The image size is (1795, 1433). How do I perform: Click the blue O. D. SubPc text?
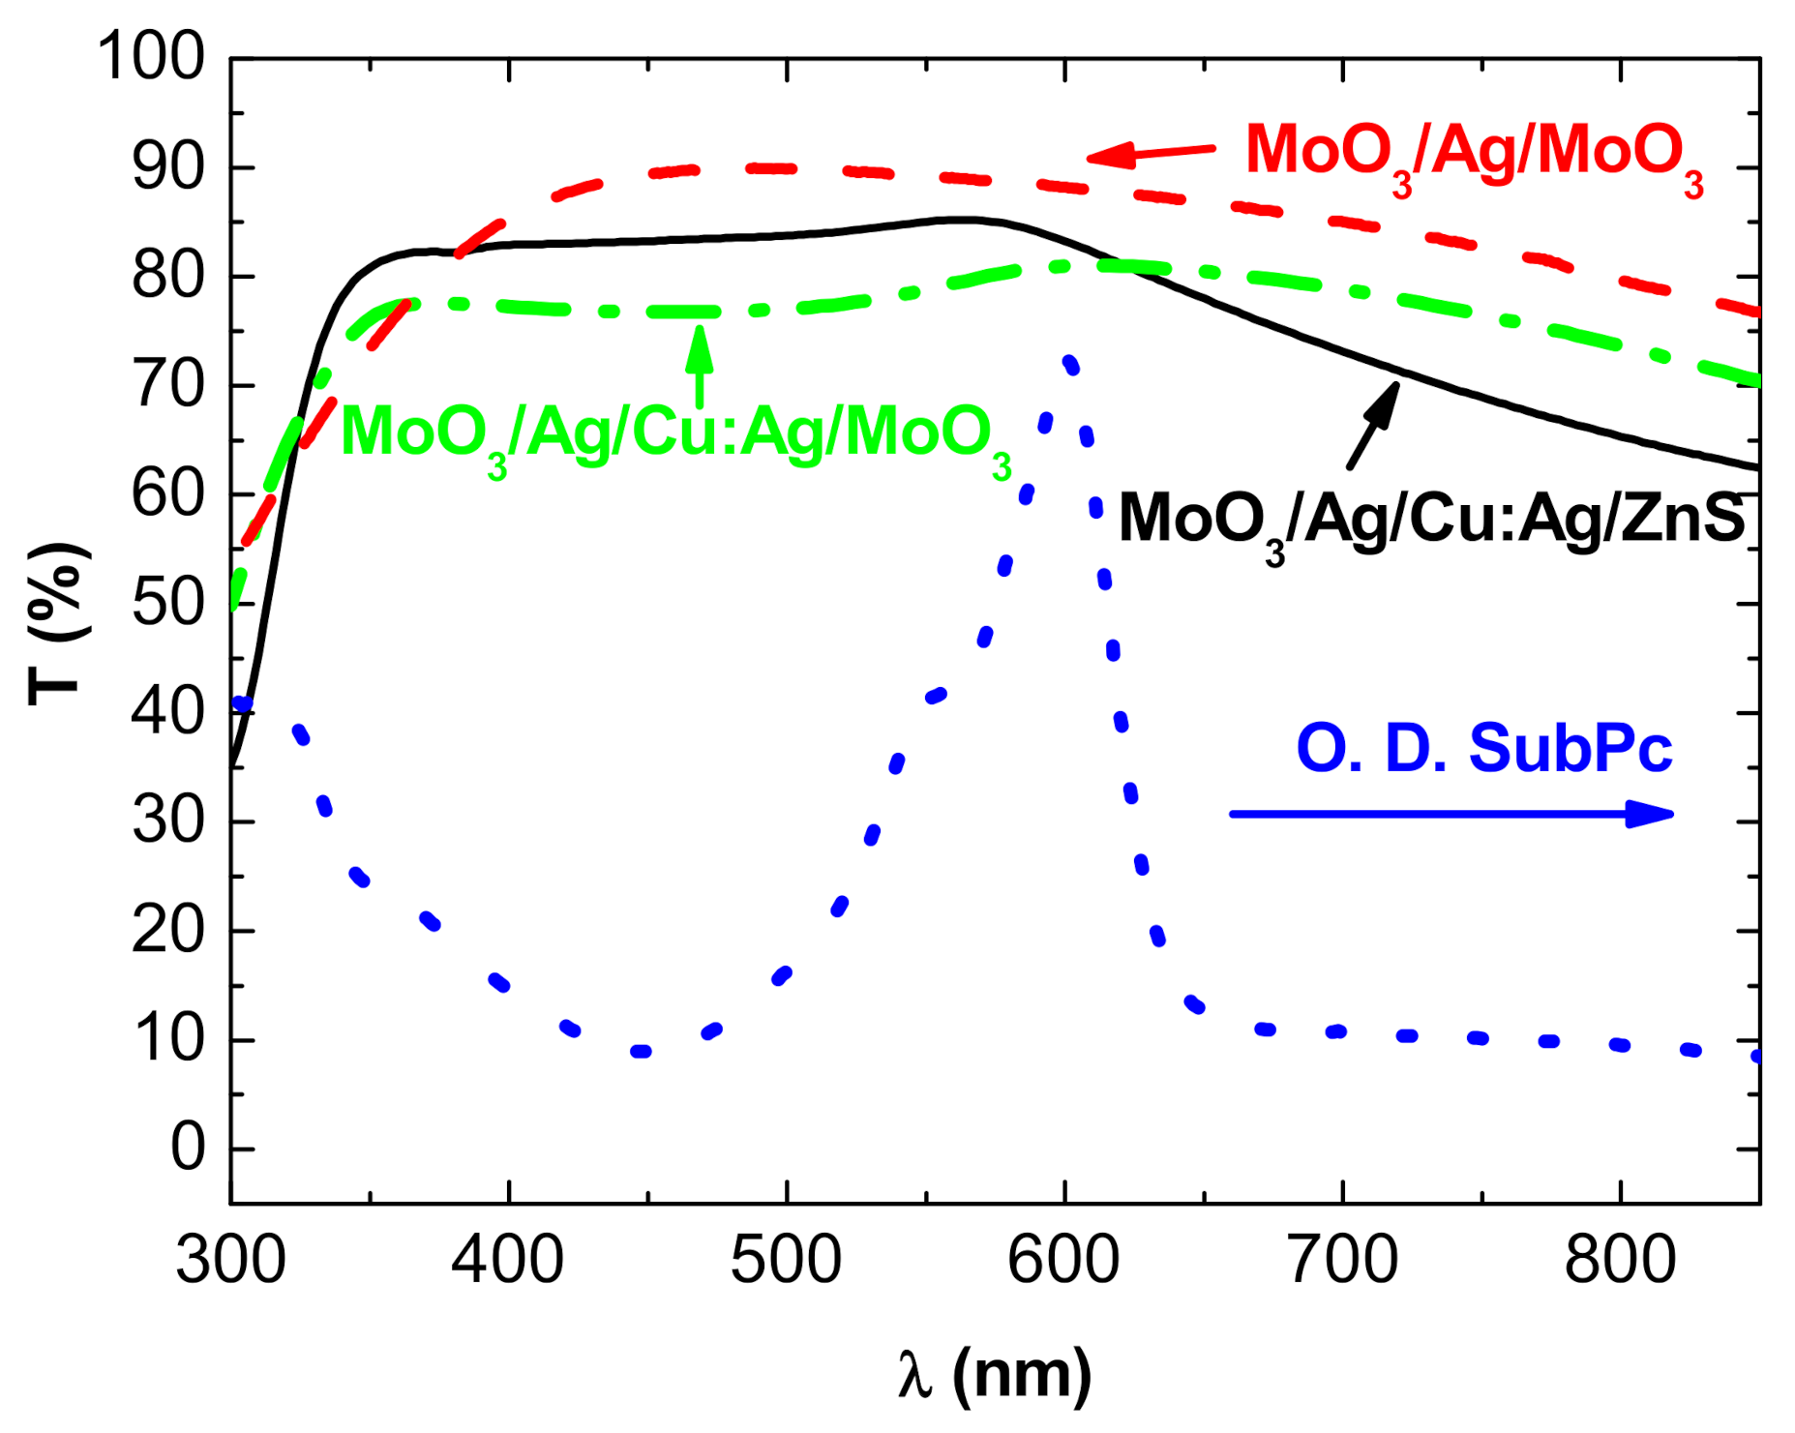click(1483, 749)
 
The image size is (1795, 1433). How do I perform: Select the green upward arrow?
click(699, 366)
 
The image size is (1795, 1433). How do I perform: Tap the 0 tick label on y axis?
click(188, 1149)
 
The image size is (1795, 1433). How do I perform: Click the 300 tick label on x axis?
click(230, 1261)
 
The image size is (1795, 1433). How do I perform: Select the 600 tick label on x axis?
click(1063, 1261)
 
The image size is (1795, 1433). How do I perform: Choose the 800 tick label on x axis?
click(1619, 1261)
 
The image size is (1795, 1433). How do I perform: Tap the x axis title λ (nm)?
click(994, 1374)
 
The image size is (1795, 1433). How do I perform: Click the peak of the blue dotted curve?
click(1069, 364)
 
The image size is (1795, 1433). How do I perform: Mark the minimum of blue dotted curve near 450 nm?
click(641, 1051)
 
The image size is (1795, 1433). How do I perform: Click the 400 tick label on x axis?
click(507, 1261)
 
